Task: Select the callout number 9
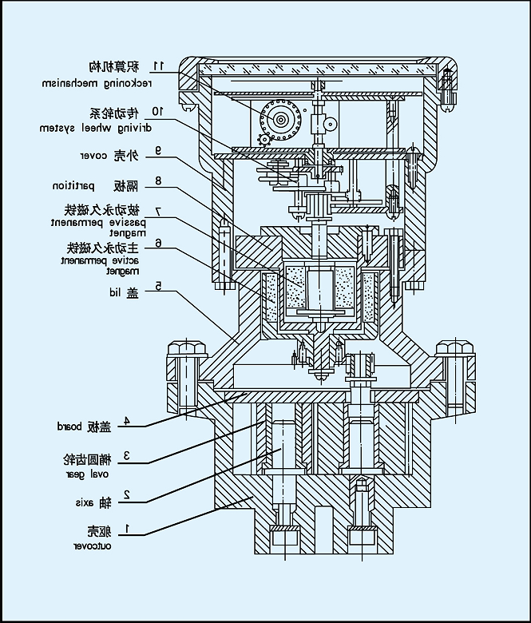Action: coord(158,149)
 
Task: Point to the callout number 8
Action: coord(158,181)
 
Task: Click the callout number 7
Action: coord(158,212)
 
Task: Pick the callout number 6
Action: coord(158,244)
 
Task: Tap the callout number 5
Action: coord(158,285)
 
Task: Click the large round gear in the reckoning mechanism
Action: coord(280,121)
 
